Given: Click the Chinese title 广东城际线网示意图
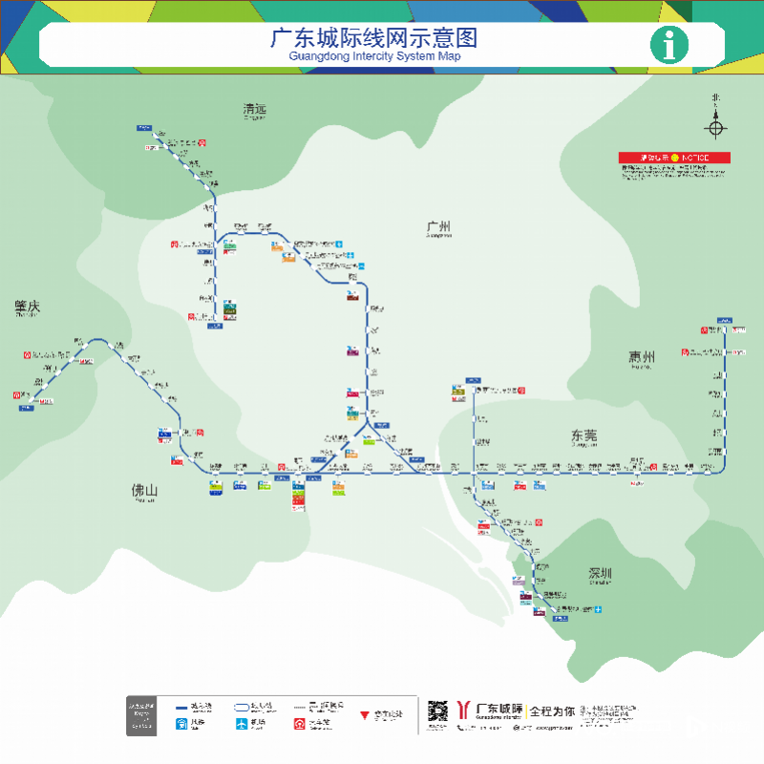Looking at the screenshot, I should click(373, 38).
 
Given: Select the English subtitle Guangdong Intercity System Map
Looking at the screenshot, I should click(373, 57).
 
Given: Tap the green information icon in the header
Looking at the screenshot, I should click(668, 44).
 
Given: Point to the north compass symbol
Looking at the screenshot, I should click(716, 127).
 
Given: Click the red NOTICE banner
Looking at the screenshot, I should click(674, 158).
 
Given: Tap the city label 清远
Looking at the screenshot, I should click(254, 110).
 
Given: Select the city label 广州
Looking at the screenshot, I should click(439, 227).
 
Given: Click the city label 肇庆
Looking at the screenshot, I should click(28, 307).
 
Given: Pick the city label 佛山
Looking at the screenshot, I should click(144, 491).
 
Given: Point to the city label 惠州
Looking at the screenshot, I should click(642, 358).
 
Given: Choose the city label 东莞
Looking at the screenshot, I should click(584, 435).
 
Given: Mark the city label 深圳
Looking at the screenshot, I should click(600, 574).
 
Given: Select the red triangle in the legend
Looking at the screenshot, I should click(364, 714).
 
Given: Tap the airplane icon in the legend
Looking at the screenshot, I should click(242, 724).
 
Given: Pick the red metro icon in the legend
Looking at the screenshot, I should click(299, 724).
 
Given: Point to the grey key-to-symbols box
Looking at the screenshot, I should click(141, 715).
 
